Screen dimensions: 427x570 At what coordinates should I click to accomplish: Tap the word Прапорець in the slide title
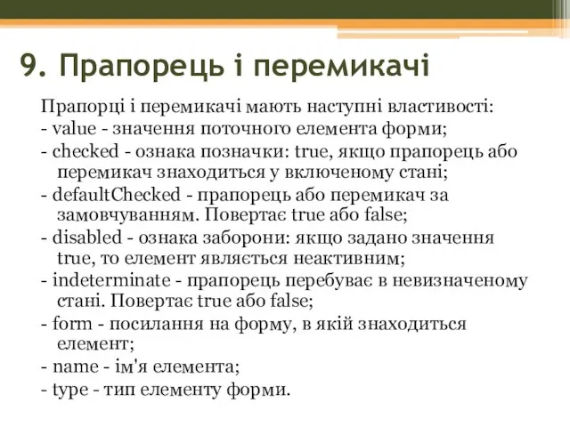(x=121, y=64)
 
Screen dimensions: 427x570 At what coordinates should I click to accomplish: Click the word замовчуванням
(x=113, y=214)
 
